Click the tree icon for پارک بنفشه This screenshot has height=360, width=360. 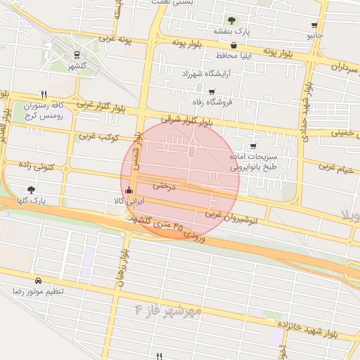pyautogui.click(x=232, y=20)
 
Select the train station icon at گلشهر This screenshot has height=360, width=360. pyautogui.click(x=76, y=53)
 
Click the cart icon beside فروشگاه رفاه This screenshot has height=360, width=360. pyautogui.click(x=212, y=91)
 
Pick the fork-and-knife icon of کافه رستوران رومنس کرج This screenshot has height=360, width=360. pyautogui.click(x=44, y=94)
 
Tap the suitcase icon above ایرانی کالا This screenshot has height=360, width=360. pyautogui.click(x=128, y=190)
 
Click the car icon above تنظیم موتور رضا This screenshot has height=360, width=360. pyautogui.click(x=37, y=279)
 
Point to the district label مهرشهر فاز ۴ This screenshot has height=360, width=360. pyautogui.click(x=168, y=309)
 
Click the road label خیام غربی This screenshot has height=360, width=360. pyautogui.click(x=337, y=167)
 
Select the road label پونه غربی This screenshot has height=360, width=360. pyautogui.click(x=117, y=38)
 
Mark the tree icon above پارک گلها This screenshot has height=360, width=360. pyautogui.click(x=30, y=189)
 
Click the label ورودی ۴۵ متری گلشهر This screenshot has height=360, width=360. pyautogui.click(x=169, y=229)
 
